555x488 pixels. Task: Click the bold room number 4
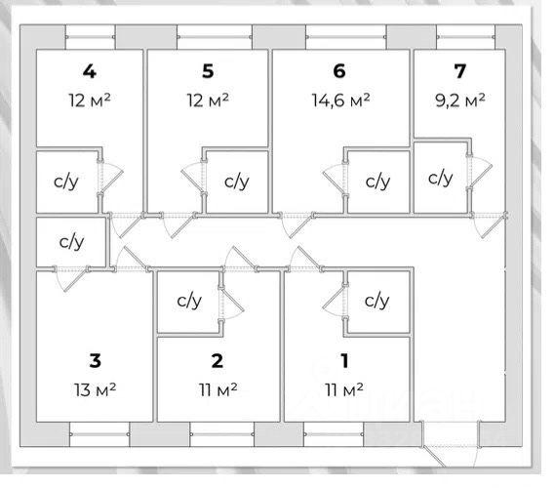(x=89, y=71)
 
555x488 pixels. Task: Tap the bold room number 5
(x=208, y=71)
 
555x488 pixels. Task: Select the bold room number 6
(x=339, y=71)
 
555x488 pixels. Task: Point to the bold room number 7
(x=459, y=71)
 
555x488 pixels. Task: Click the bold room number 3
(x=96, y=360)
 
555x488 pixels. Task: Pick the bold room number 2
(x=217, y=360)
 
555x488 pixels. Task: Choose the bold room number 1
(x=344, y=360)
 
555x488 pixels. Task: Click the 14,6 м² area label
(x=340, y=101)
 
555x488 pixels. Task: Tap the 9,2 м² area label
(x=459, y=101)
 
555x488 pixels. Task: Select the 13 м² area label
(x=96, y=389)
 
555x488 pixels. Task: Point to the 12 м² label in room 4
(x=90, y=101)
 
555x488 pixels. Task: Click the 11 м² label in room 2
(x=218, y=389)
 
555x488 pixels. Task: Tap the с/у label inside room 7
(x=440, y=178)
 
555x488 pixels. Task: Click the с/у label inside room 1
(x=377, y=301)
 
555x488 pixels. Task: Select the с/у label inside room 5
(x=237, y=183)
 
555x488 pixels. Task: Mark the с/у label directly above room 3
(x=71, y=242)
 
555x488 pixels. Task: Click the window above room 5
(x=215, y=37)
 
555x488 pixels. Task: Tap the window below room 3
(x=99, y=434)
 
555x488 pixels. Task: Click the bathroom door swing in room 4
(x=110, y=177)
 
